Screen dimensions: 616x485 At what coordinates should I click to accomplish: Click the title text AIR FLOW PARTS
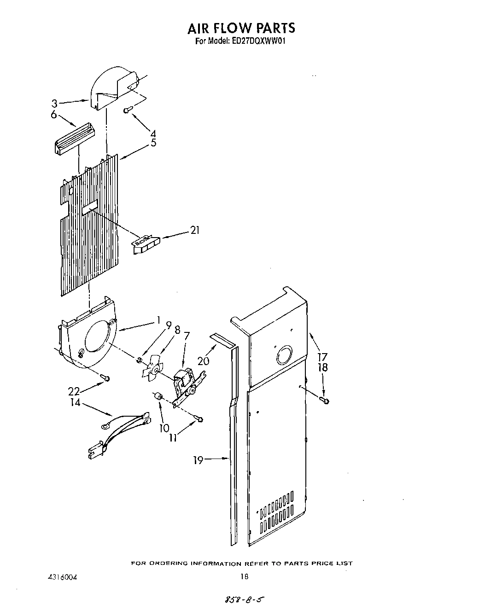pyautogui.click(x=241, y=28)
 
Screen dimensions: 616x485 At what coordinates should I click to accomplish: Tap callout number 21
pyautogui.click(x=195, y=230)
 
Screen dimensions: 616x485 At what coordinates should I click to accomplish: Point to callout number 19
pyautogui.click(x=198, y=459)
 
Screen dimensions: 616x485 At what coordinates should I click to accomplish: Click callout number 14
pyautogui.click(x=75, y=403)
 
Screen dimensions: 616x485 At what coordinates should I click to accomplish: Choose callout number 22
pyautogui.click(x=74, y=391)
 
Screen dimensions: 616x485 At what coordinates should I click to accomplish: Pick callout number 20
pyautogui.click(x=203, y=361)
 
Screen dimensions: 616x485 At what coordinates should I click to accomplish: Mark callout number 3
pyautogui.click(x=54, y=104)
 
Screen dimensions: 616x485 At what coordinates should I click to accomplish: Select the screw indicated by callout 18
pyautogui.click(x=325, y=401)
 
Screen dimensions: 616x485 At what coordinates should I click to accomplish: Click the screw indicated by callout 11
pyautogui.click(x=199, y=418)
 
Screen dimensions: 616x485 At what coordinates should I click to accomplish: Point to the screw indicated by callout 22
pyautogui.click(x=105, y=378)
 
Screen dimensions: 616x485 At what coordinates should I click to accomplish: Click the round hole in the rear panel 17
pyautogui.click(x=285, y=356)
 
